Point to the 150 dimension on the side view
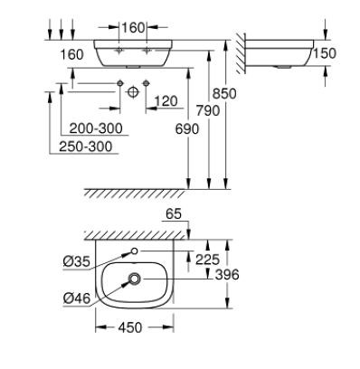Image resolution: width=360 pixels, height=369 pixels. pos(324,54)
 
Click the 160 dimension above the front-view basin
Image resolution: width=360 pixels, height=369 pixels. pos(133,27)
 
